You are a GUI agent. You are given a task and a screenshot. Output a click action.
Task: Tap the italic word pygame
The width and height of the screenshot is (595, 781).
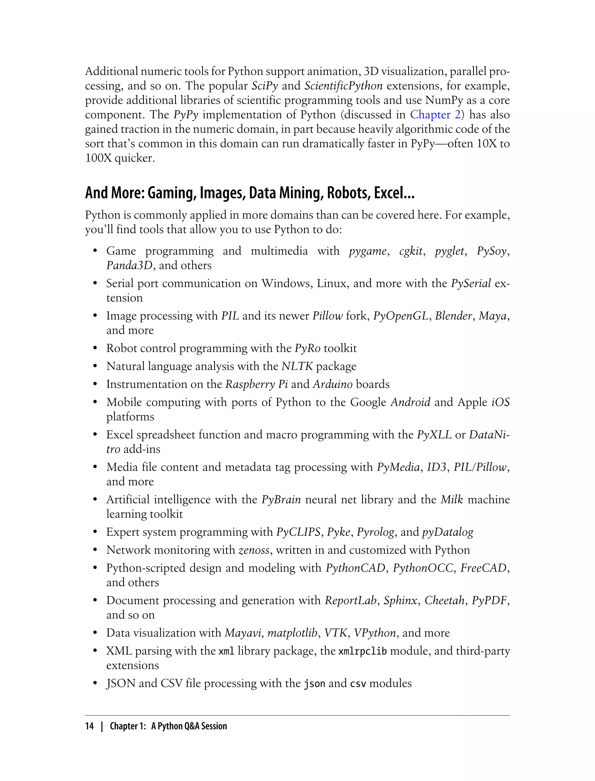point(368,251)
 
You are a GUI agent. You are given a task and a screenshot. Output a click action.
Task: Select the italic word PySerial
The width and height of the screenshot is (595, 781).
point(471,283)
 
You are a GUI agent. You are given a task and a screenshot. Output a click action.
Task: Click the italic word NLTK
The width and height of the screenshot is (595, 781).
point(297,366)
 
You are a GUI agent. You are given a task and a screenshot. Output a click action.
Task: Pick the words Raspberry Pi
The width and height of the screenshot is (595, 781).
point(257,384)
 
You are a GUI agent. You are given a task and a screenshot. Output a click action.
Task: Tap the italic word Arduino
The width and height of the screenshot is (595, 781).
point(333,384)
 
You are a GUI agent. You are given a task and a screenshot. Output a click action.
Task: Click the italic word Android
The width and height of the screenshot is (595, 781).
point(410,402)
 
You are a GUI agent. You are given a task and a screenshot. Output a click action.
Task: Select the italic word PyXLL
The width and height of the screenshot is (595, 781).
point(434,435)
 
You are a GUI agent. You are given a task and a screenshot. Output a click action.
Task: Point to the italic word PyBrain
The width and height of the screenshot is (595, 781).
point(281,499)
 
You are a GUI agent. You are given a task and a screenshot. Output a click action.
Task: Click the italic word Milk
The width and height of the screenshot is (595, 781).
point(452,499)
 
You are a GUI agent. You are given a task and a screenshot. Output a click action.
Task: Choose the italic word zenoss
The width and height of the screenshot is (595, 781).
point(254,550)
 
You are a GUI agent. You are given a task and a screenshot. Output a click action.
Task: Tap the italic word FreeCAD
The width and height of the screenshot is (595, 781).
point(483,568)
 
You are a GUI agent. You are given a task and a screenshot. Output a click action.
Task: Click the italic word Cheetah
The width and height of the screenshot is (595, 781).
point(445,600)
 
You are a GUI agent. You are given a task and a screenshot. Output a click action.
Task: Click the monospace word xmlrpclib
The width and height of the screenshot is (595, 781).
point(362,651)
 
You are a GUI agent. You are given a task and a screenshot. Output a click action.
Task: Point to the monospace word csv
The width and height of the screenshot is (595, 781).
point(358,684)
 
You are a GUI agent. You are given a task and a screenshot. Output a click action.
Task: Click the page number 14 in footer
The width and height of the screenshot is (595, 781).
point(89,726)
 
